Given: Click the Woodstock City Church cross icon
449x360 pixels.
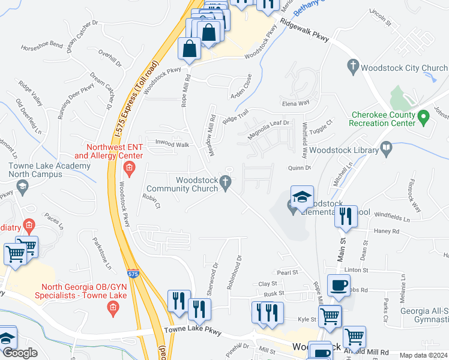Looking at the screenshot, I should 354,65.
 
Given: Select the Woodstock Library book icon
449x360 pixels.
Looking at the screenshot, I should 387,147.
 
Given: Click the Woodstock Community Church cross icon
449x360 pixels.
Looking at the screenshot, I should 226,181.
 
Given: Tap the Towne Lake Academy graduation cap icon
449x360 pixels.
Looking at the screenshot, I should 23,187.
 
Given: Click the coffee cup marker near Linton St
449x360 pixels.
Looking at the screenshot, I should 338,286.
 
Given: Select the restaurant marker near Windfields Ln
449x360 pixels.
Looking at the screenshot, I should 345,215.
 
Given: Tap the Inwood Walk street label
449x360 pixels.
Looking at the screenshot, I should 172,145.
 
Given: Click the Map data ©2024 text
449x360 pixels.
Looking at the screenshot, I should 423,355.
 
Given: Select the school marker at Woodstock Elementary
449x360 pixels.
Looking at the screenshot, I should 302,196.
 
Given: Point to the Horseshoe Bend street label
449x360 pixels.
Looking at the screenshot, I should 41,45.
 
